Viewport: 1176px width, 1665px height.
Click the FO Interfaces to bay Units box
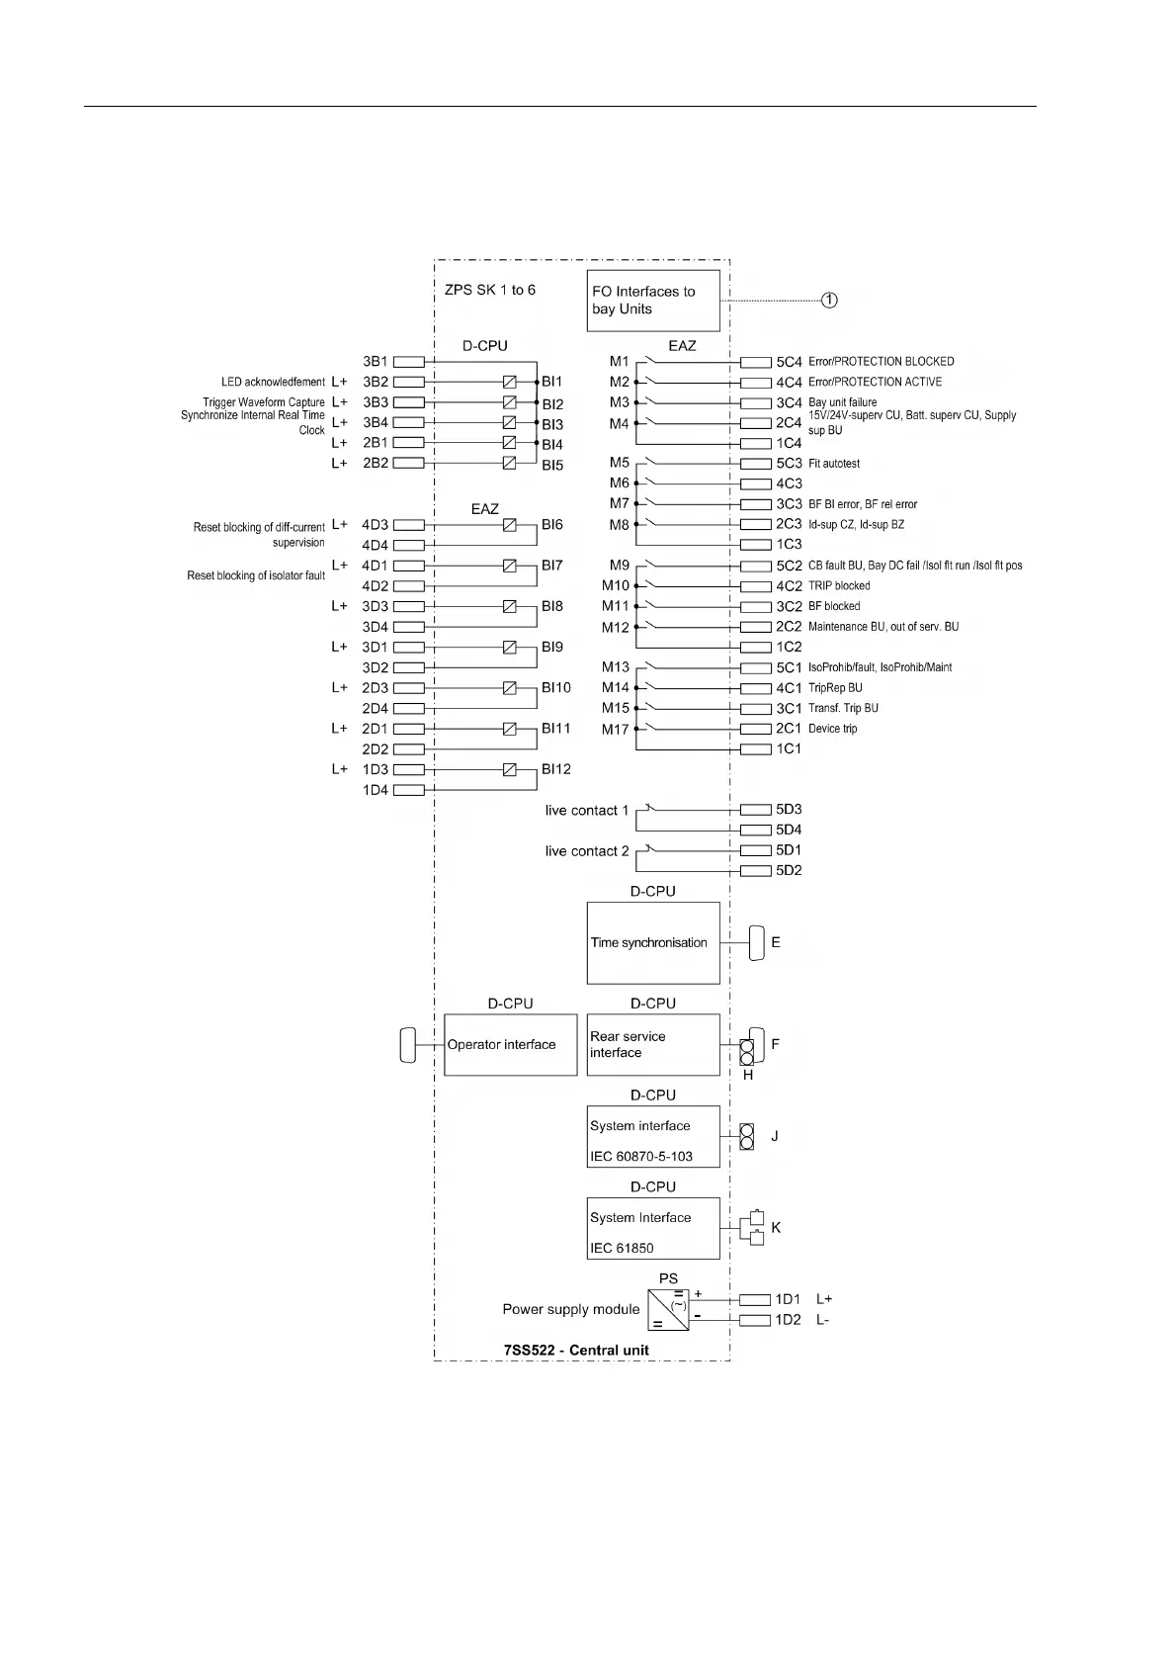tap(653, 301)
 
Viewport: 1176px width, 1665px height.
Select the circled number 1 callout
tap(830, 300)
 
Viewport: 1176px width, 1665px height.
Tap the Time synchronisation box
tap(653, 942)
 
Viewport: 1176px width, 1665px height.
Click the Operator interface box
tap(510, 1044)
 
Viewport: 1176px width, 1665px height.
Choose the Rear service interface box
tap(653, 1044)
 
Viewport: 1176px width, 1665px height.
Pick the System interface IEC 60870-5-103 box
tap(653, 1136)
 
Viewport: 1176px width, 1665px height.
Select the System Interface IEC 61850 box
tap(653, 1228)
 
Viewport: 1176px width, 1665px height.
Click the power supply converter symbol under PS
tap(669, 1309)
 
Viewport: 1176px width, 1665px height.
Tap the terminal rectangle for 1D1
tap(755, 1299)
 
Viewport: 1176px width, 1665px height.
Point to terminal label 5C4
tap(789, 362)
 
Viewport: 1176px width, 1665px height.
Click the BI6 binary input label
tap(551, 525)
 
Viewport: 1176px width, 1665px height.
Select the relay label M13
tap(616, 667)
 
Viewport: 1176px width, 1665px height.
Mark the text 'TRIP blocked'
tap(839, 586)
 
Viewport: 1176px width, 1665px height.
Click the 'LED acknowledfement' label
tap(273, 382)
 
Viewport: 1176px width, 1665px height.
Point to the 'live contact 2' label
tap(587, 851)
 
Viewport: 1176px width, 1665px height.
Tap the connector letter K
tap(776, 1227)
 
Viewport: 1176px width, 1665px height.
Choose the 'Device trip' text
tap(833, 729)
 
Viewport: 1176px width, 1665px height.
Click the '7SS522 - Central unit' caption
tap(576, 1350)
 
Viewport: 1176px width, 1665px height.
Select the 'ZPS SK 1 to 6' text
tap(490, 290)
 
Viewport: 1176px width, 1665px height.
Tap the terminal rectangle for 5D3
tap(755, 810)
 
